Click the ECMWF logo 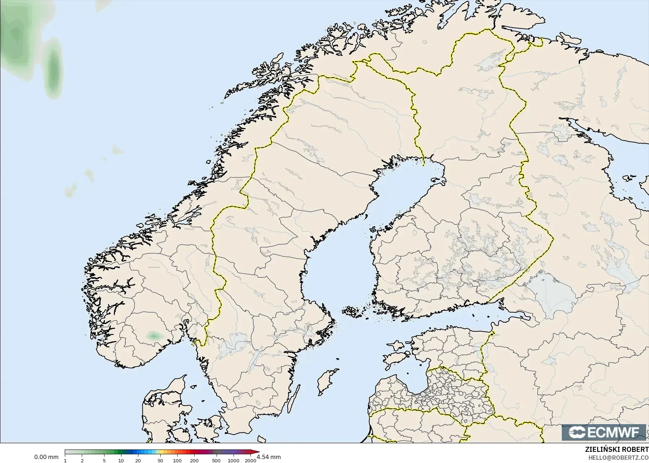[x=603, y=432]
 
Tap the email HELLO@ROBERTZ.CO [x=618, y=458]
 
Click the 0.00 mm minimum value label [x=46, y=457]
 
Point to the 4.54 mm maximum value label [x=269, y=457]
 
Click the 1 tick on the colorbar [x=65, y=460]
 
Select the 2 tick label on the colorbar [x=82, y=460]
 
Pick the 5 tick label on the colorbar [x=104, y=460]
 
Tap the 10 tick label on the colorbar [x=121, y=460]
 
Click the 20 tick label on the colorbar [x=138, y=460]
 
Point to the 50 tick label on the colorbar [x=160, y=460]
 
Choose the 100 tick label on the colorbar [x=177, y=460]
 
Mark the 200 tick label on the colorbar [x=194, y=460]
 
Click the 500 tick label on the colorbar [x=216, y=460]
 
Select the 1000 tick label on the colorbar [x=233, y=460]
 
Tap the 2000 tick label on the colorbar [x=250, y=460]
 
